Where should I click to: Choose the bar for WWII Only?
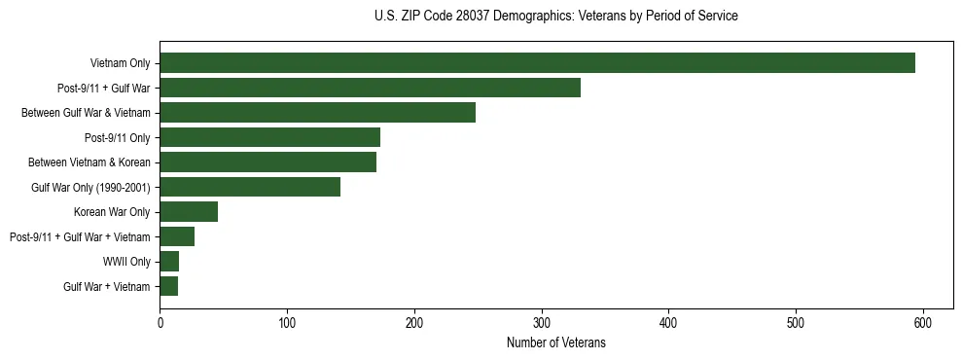pyautogui.click(x=169, y=262)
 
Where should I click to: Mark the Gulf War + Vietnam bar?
pyautogui.click(x=169, y=286)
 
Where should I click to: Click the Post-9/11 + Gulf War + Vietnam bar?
pyautogui.click(x=177, y=236)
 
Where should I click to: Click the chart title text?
pyautogui.click(x=555, y=17)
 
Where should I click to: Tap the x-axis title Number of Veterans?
pyautogui.click(x=555, y=342)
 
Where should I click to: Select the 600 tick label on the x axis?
pyautogui.click(x=923, y=323)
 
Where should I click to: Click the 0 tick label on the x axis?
pyautogui.click(x=160, y=323)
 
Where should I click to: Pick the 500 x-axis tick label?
pyautogui.click(x=796, y=323)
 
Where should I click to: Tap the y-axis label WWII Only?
pyautogui.click(x=126, y=262)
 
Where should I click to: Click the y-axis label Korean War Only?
pyautogui.click(x=112, y=212)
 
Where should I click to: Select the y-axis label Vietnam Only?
pyautogui.click(x=120, y=63)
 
